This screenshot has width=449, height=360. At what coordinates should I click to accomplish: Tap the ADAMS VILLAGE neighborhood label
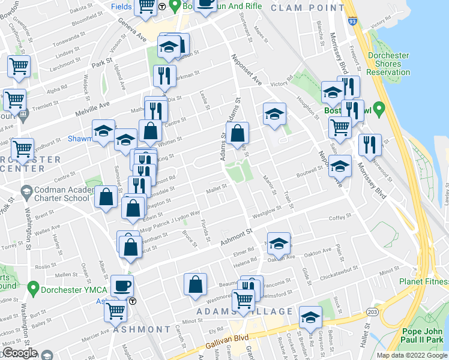(x=245, y=312)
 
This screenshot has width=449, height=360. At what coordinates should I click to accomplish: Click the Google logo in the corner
(x=20, y=353)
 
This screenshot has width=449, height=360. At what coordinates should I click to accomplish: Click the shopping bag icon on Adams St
(x=238, y=133)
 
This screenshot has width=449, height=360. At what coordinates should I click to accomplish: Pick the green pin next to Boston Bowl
(x=379, y=109)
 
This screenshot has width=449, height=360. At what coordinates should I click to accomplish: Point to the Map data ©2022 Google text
(x=412, y=355)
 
